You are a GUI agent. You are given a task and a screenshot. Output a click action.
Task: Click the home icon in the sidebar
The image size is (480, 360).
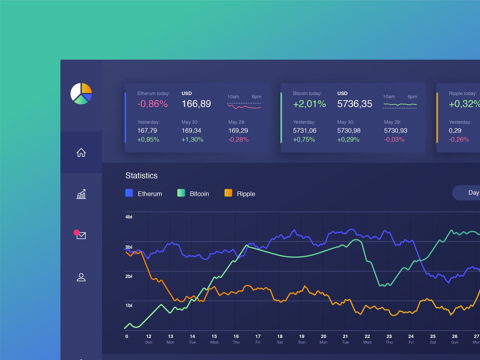click(x=81, y=152)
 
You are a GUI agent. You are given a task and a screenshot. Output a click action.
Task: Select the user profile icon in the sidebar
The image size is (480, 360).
click(x=81, y=277)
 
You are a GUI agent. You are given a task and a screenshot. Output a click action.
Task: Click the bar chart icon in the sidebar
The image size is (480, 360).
click(x=81, y=194)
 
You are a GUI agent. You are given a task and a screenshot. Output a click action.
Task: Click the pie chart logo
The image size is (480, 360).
click(x=81, y=94)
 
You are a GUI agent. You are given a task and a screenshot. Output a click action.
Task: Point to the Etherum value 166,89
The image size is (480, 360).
click(x=196, y=104)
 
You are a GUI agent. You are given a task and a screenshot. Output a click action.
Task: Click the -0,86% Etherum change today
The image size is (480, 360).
click(x=152, y=104)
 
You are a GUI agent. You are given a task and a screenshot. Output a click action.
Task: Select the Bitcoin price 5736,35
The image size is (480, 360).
click(x=355, y=104)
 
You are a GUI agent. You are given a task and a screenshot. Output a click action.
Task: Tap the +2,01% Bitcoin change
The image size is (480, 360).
click(x=309, y=104)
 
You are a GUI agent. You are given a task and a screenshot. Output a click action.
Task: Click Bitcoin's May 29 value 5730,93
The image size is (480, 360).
click(x=395, y=130)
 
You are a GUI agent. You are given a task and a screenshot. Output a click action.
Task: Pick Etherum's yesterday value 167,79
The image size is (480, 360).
click(x=147, y=130)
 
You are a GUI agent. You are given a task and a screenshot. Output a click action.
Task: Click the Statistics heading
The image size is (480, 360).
click(x=141, y=175)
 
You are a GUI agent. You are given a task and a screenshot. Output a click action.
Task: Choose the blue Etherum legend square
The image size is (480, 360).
click(x=129, y=193)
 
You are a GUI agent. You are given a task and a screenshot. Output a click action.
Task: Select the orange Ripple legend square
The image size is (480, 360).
click(x=228, y=193)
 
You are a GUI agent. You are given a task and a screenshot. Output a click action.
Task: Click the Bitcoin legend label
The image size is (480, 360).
click(x=199, y=194)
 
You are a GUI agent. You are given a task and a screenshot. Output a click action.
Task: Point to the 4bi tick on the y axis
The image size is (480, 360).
click(x=129, y=217)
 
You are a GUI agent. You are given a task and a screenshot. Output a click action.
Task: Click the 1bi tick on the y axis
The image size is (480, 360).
click(x=129, y=305)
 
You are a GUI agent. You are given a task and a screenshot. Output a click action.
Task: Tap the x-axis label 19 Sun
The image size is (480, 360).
click(x=301, y=339)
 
